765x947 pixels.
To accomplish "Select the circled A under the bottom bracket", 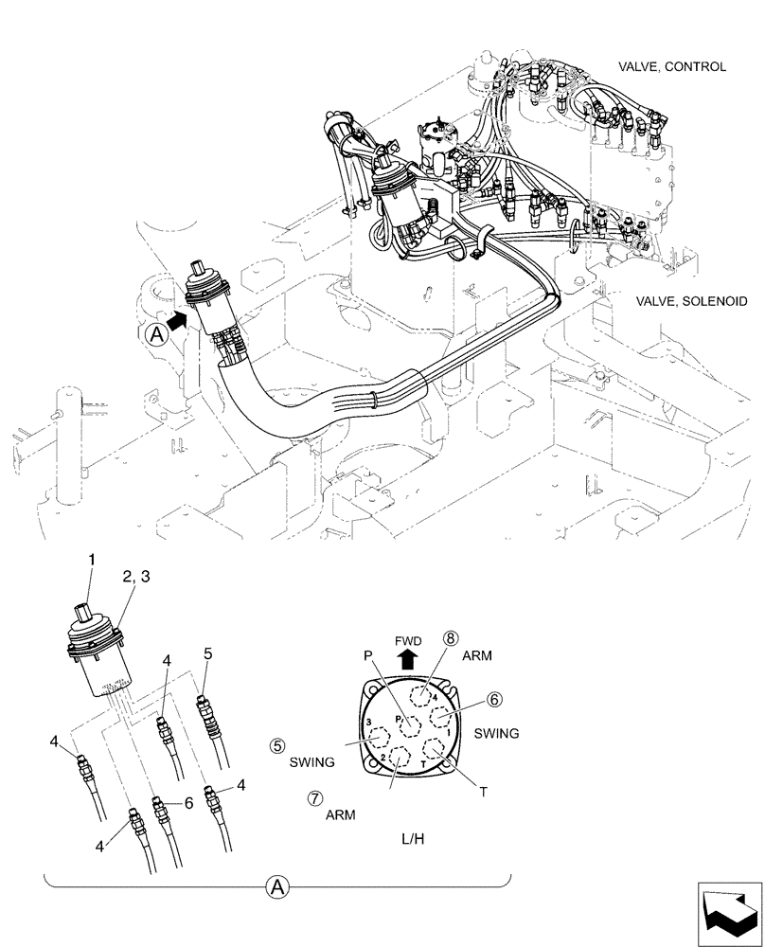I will pos(277,887).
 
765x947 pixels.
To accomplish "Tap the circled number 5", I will pos(278,745).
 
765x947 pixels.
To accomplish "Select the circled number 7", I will pos(314,797).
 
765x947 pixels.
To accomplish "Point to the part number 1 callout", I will pos(92,561).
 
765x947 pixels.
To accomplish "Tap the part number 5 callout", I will pos(208,652).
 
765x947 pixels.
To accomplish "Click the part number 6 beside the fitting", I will pos(189,801).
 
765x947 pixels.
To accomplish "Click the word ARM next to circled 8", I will pos(478,654).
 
